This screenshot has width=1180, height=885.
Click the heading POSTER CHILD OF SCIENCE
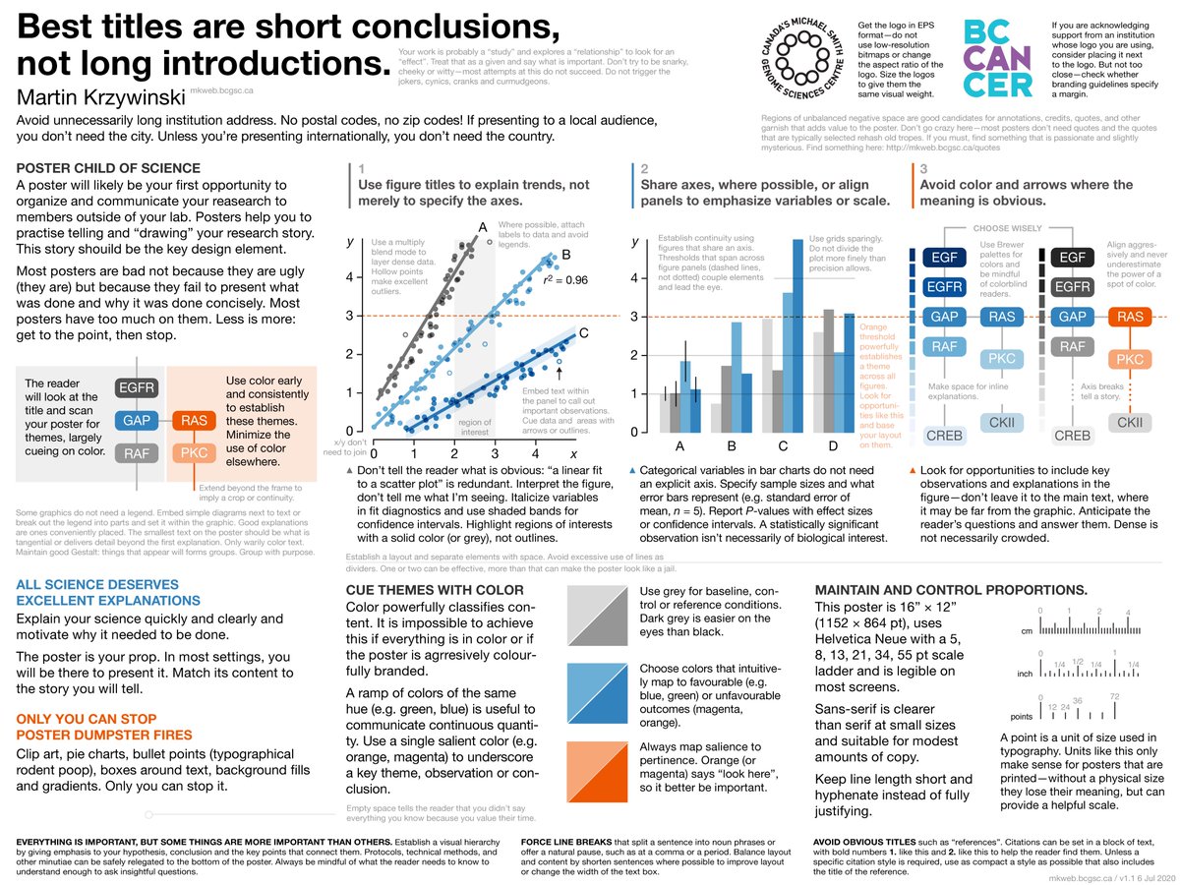108,168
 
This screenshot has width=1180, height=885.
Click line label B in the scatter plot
566,256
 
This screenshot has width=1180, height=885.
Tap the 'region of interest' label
474,426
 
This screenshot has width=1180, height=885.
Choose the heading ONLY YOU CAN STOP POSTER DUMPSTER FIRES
103,727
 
